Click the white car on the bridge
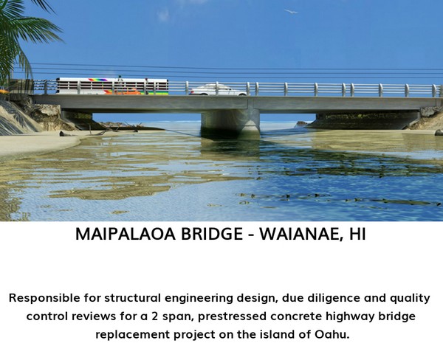pos(218,90)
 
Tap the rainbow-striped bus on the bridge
pos(112,86)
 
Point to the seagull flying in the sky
pos(291,12)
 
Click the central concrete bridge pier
pos(230,122)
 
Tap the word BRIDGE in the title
pos(212,234)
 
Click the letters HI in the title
pos(357,234)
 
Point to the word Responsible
pos(44,298)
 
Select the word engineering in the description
pos(199,299)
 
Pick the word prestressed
pos(232,316)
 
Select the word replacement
pos(132,335)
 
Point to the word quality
pos(411,299)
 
